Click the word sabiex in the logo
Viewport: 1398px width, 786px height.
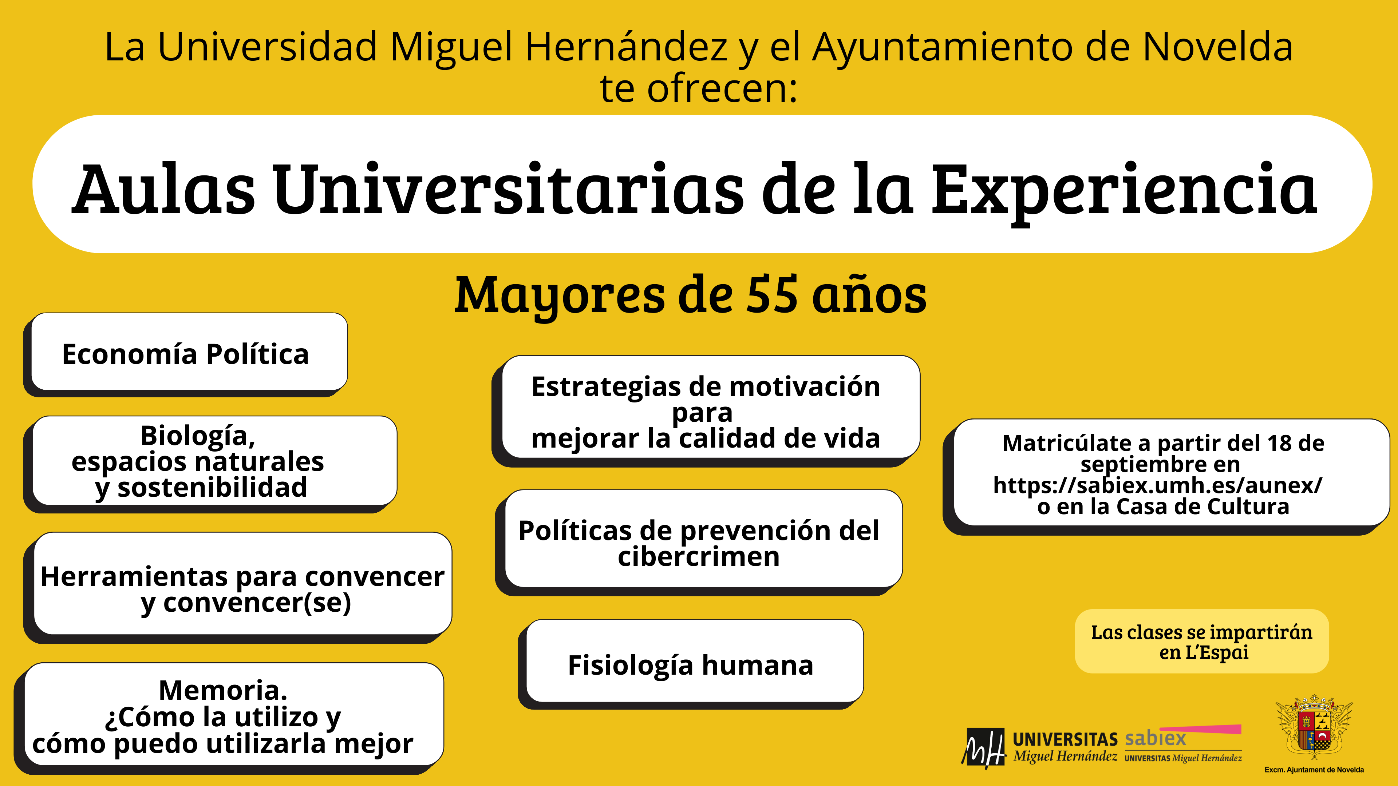coord(1155,738)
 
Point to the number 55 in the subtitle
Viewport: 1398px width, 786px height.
coord(772,294)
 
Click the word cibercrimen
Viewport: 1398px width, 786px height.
coord(699,556)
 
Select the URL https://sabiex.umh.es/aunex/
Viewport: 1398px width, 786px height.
coord(1158,485)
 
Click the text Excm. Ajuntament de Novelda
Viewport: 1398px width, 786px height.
coord(1314,770)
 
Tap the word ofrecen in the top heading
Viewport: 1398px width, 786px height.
coord(722,88)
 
